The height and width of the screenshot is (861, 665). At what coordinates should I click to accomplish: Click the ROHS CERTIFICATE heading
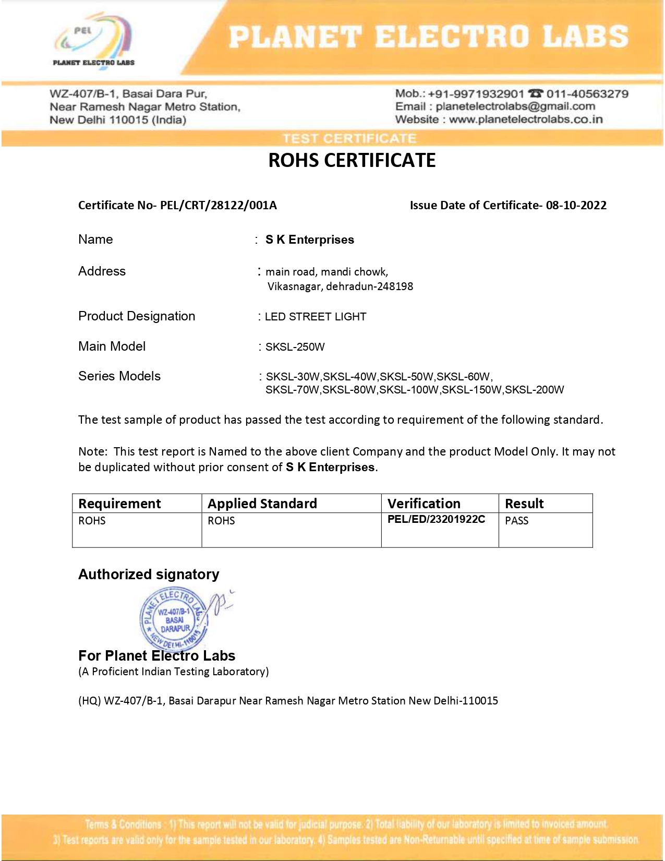[x=352, y=160]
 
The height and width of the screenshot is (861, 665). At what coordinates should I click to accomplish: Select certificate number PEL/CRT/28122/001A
[x=218, y=205]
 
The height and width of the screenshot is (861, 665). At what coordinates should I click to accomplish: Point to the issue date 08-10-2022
[x=576, y=205]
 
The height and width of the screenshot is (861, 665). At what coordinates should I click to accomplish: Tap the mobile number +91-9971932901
[x=475, y=94]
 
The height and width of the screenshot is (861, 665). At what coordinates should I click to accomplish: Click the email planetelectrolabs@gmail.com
[x=515, y=106]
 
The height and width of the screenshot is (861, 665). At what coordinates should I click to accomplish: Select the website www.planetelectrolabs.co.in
[x=526, y=119]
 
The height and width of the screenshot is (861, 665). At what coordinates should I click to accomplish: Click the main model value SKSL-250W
[x=295, y=347]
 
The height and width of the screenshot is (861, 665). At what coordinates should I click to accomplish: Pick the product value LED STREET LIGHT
[x=315, y=317]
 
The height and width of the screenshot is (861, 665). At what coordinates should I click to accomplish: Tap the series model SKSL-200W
[x=534, y=390]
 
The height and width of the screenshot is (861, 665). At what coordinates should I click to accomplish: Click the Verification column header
[x=424, y=504]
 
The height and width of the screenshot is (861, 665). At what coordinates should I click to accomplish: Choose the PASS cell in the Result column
[x=516, y=521]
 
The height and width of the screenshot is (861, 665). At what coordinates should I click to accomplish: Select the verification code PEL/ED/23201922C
[x=436, y=519]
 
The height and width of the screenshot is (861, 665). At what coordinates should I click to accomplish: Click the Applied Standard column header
[x=262, y=504]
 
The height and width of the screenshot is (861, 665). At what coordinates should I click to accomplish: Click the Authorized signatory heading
[x=149, y=575]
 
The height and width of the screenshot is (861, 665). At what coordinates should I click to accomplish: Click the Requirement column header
[x=119, y=504]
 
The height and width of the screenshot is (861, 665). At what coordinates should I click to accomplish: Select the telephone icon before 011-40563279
[x=535, y=93]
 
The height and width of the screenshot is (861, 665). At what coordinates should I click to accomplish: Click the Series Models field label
[x=119, y=376]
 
